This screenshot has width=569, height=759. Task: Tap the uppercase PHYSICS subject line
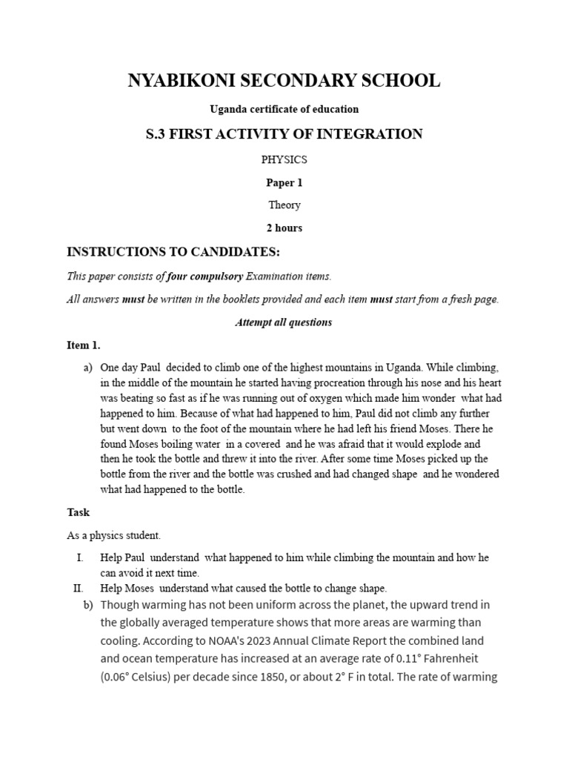pyautogui.click(x=284, y=159)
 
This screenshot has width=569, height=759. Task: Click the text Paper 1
pyautogui.click(x=284, y=182)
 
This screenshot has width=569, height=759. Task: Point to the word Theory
pyautogui.click(x=284, y=205)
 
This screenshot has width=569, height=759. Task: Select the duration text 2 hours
pyautogui.click(x=284, y=228)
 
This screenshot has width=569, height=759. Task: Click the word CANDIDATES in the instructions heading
pyautogui.click(x=227, y=253)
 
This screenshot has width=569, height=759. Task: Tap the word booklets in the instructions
pyautogui.click(x=256, y=299)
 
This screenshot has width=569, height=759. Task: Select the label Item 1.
pyautogui.click(x=83, y=345)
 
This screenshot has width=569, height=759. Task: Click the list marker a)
pyautogui.click(x=87, y=368)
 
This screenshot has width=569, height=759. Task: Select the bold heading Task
pyautogui.click(x=78, y=512)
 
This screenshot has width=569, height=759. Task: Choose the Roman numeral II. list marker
pyautogui.click(x=78, y=588)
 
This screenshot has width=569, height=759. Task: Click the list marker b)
pyautogui.click(x=87, y=605)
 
